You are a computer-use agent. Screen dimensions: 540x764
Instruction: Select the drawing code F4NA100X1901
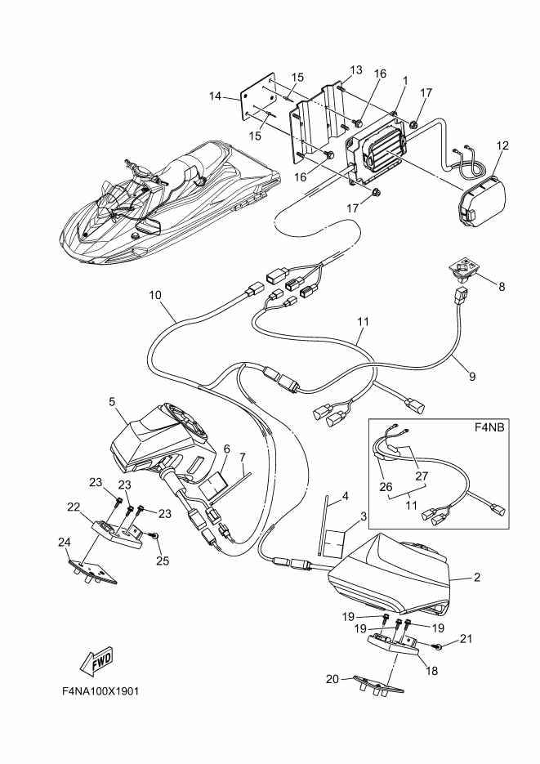pos(100,691)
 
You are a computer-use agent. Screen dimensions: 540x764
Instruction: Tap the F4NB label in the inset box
pos(489,428)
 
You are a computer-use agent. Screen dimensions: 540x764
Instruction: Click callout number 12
pos(502,145)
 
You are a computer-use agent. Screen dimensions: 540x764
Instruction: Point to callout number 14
pos(215,96)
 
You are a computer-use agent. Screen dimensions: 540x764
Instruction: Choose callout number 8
pos(502,287)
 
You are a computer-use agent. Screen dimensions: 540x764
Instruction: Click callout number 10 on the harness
pos(155,295)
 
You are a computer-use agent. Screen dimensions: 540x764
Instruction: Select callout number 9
pos(472,376)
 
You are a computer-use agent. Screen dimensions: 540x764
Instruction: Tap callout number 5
pos(112,401)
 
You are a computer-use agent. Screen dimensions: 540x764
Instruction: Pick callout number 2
pos(477,578)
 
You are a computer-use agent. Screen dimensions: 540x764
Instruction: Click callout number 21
pos(466,638)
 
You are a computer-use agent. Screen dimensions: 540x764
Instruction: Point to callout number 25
pos(163,561)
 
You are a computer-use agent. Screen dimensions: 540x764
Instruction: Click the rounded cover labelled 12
pos(483,203)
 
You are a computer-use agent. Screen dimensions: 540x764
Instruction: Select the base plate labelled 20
pos(379,685)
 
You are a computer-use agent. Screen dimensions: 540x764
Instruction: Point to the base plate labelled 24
pos(91,570)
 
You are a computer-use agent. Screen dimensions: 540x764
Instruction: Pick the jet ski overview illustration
pos(169,203)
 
